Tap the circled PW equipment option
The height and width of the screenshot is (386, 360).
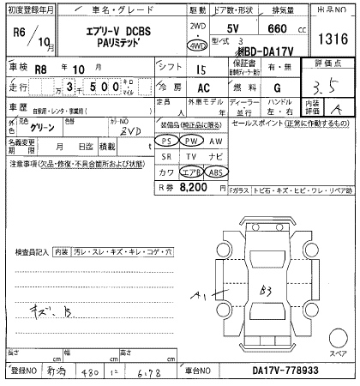193,140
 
